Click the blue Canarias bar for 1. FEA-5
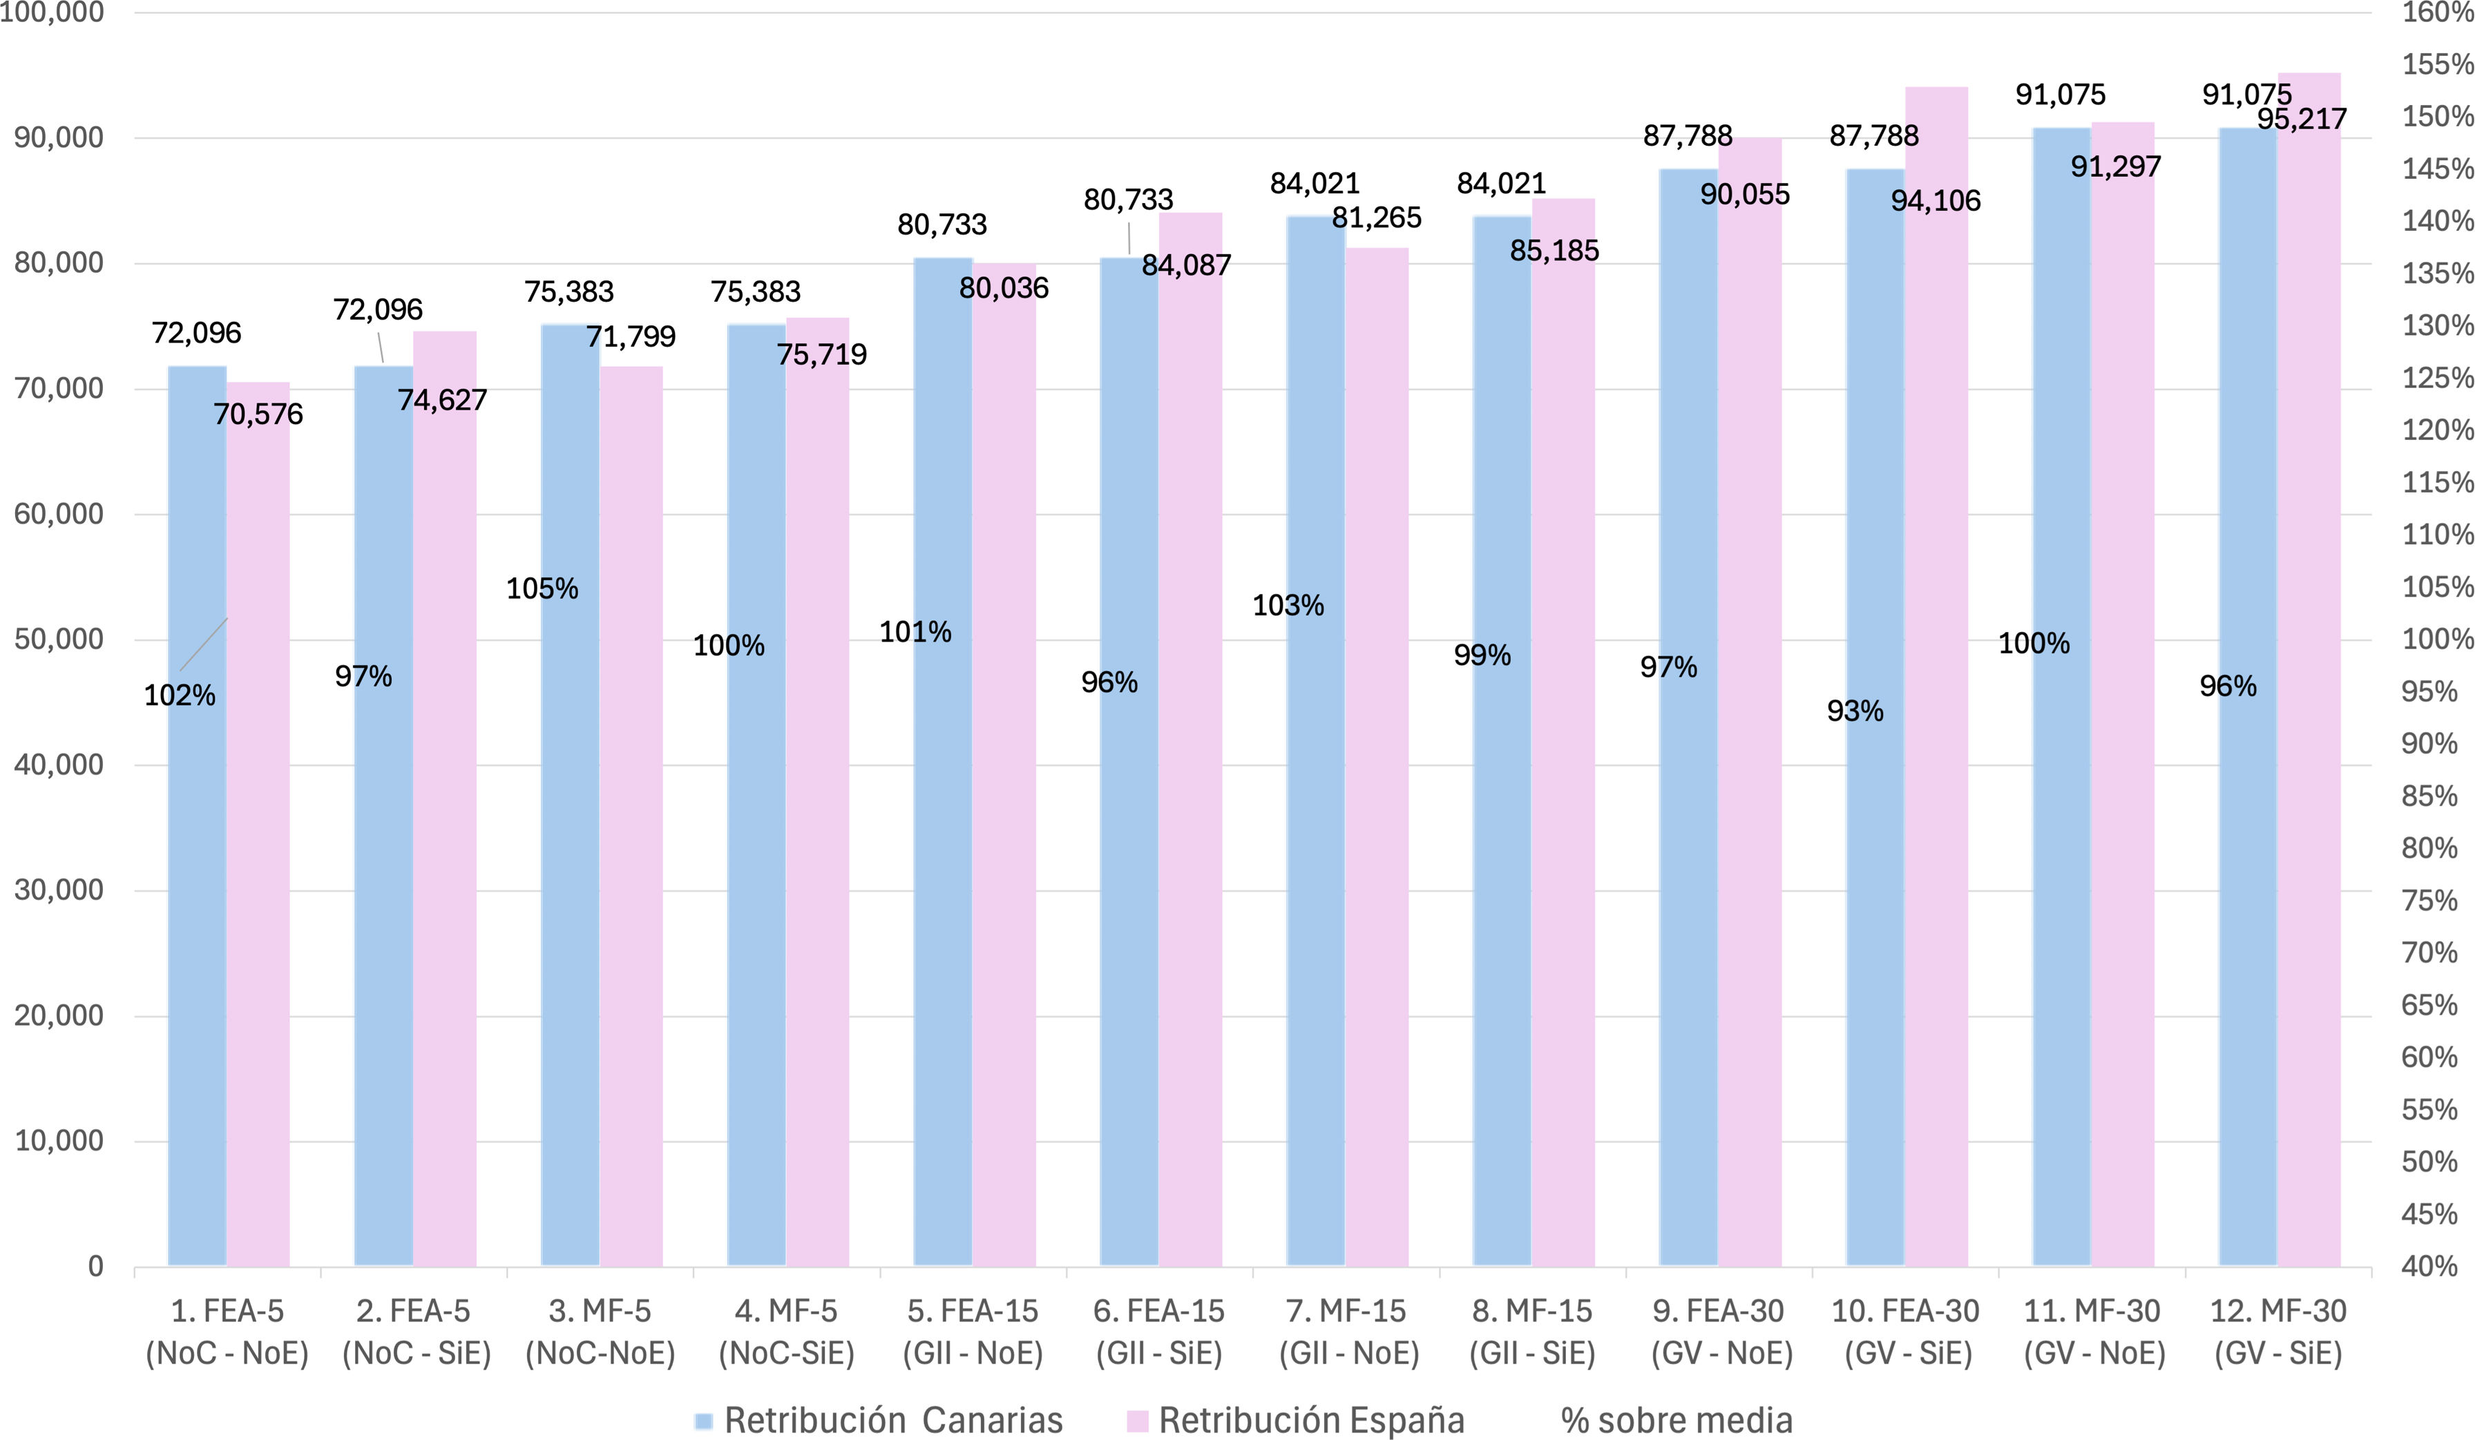click(x=198, y=815)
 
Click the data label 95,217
click(x=2302, y=119)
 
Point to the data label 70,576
click(x=258, y=414)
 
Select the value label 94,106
click(x=1936, y=200)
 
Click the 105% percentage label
click(x=542, y=588)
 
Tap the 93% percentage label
click(x=1855, y=710)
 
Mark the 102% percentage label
click(x=180, y=695)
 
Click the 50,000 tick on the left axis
click(x=59, y=640)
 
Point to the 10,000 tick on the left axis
click(x=59, y=1140)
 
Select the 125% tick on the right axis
click(x=2438, y=377)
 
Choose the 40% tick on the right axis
click(x=2430, y=1266)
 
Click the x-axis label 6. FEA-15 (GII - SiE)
click(x=1159, y=1332)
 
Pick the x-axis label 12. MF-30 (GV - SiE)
click(x=2279, y=1332)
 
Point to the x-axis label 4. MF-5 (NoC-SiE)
click(x=787, y=1332)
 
